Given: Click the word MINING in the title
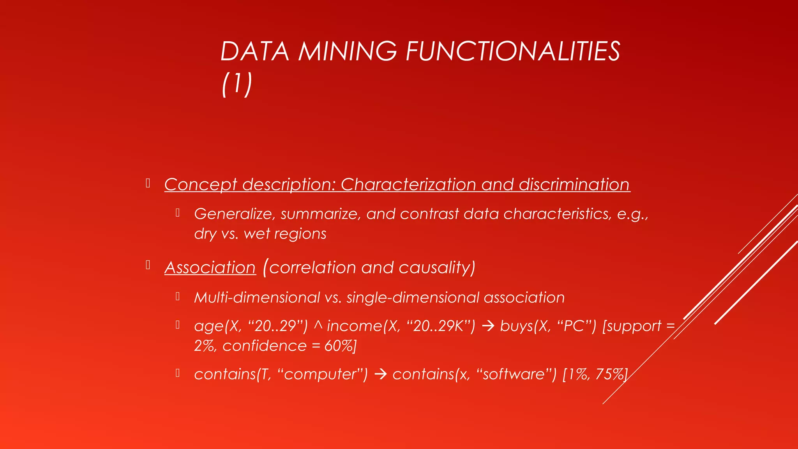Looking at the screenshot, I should (x=347, y=51).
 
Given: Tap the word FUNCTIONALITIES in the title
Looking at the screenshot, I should (x=513, y=51).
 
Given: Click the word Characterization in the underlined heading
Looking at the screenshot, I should (x=408, y=185).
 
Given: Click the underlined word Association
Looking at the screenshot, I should (x=210, y=268).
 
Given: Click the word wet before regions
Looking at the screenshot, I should (x=257, y=234).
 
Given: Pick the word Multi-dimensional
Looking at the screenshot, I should (x=257, y=298).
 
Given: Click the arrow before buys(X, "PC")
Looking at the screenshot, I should (x=488, y=326).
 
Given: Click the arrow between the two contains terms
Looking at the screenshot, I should (x=380, y=375).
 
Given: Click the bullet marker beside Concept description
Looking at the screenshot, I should (x=148, y=183).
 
